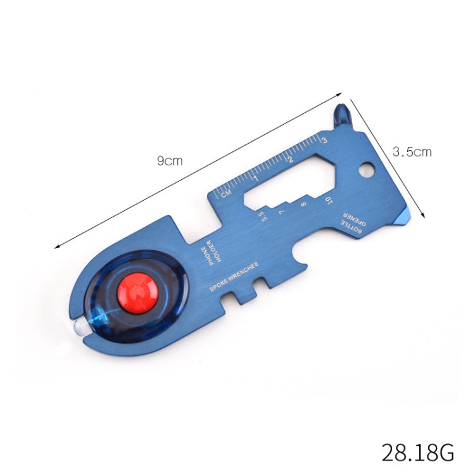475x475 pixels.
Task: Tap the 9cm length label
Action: click(170, 161)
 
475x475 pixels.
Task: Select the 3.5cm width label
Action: click(412, 152)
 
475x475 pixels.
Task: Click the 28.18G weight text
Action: click(417, 453)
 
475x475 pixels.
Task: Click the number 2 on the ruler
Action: click(290, 159)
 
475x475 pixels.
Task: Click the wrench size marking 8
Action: click(303, 205)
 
